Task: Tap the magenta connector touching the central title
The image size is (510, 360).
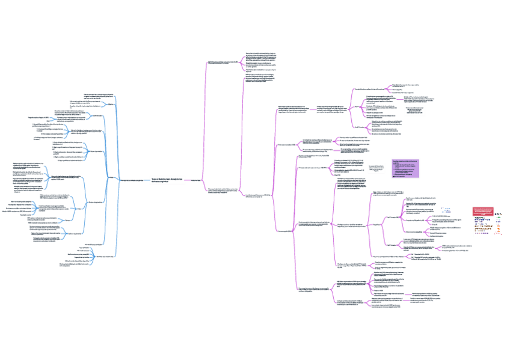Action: (x=186, y=179)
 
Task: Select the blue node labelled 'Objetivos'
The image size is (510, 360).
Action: (x=111, y=88)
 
